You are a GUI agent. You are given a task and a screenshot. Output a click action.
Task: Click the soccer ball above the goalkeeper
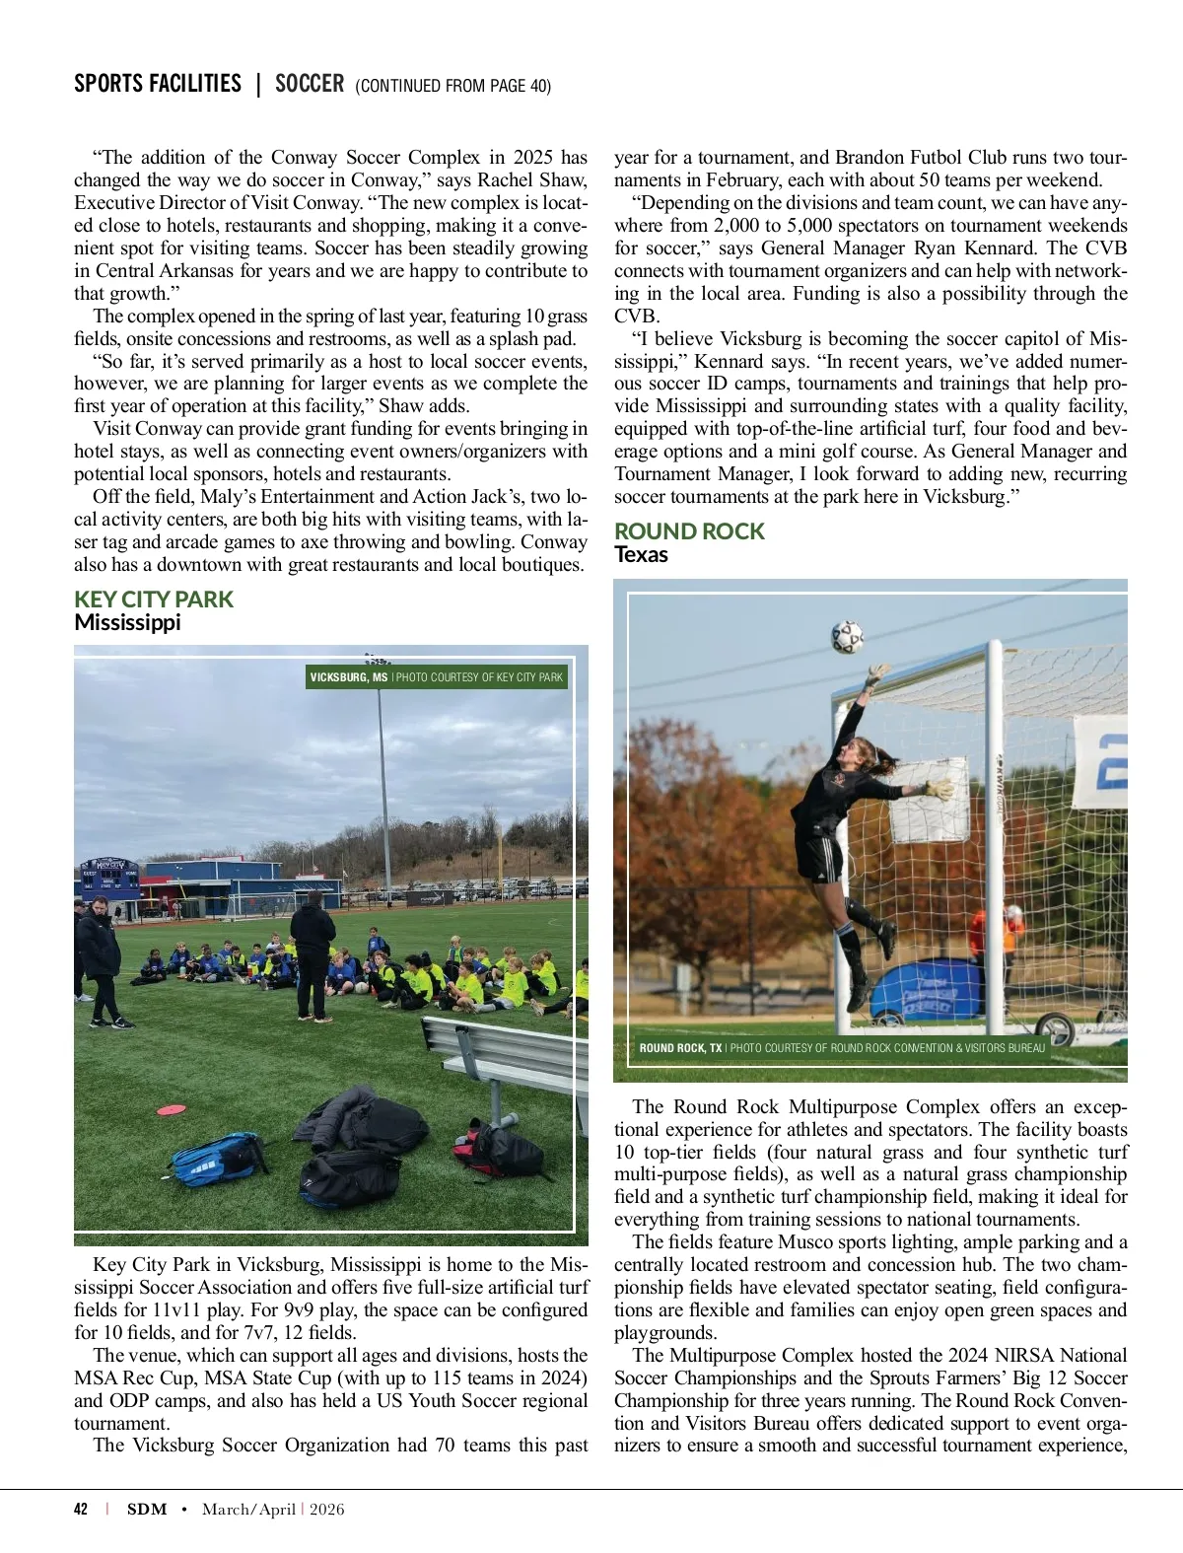847,636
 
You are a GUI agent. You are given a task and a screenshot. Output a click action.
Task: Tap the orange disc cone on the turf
172,1109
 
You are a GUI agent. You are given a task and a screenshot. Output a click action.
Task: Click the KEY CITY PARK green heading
154,600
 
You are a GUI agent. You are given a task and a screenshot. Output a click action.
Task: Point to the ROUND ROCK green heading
689,531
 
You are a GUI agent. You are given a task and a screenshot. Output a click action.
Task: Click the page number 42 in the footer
81,1509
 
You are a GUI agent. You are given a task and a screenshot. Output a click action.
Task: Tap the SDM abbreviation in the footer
147,1509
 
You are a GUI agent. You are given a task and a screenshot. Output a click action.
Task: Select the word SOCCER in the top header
310,84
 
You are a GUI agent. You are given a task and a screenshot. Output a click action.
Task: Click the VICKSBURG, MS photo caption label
349,677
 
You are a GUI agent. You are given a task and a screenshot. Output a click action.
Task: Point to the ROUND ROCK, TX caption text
680,1048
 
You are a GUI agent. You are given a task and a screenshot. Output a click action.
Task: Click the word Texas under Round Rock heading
641,554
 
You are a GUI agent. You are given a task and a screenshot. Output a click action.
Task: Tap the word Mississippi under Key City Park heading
127,622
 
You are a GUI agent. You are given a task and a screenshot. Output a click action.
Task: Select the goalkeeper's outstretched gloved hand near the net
938,789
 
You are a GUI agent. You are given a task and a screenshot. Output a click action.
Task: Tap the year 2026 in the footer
327,1509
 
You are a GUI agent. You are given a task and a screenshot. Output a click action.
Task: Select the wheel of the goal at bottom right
1056,1029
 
